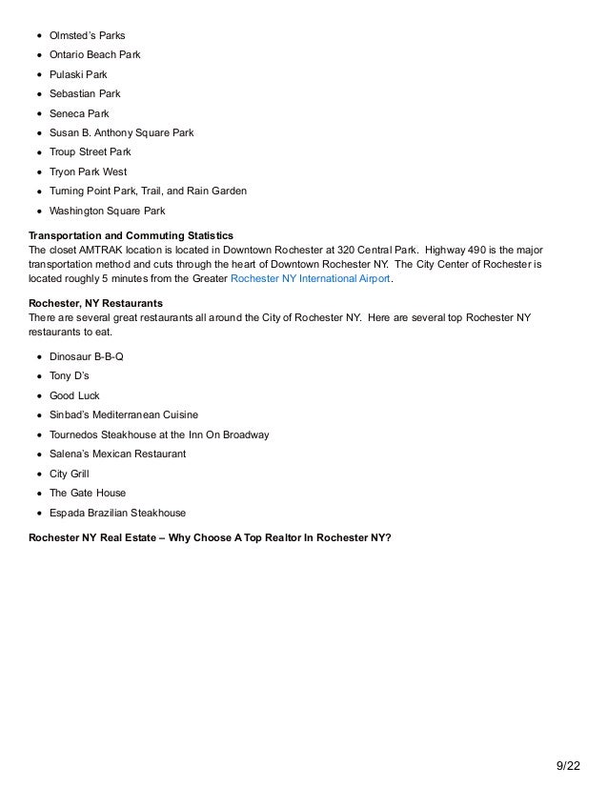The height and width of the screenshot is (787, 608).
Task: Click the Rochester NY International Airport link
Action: (311, 279)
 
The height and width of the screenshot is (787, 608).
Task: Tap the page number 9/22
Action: (567, 765)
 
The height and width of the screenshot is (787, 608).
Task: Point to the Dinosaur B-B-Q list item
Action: (87, 356)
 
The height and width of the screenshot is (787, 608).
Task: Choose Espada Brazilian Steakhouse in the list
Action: (117, 513)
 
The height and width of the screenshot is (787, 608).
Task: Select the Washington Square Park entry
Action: (107, 212)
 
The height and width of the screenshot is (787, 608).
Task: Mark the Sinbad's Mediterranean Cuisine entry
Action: (124, 414)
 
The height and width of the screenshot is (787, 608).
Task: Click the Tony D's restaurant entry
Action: (70, 375)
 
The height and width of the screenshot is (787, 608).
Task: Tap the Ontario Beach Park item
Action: (94, 55)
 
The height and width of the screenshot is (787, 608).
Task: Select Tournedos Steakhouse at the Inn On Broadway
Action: (159, 434)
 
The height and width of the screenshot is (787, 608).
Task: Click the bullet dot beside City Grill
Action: (39, 474)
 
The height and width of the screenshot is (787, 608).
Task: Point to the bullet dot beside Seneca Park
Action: (39, 113)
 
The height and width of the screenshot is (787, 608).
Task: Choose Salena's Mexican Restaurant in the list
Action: (117, 454)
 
